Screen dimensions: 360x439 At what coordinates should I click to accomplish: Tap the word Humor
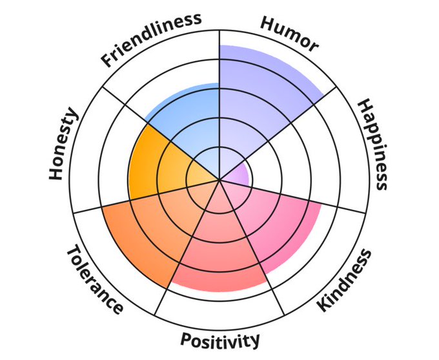click(289, 32)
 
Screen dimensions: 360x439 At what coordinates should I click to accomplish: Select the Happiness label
click(373, 143)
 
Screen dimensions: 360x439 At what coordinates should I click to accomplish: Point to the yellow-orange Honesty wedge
click(158, 162)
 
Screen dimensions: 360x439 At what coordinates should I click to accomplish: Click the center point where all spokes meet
click(220, 180)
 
